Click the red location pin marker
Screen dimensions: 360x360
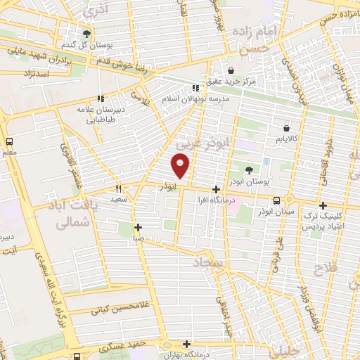coord(181,166)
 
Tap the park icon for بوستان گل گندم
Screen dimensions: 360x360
coord(86,33)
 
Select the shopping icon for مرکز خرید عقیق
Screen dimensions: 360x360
coord(232,70)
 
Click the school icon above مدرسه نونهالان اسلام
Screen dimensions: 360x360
coord(196,88)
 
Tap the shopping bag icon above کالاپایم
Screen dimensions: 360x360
coord(287,127)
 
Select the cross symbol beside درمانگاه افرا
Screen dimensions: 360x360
coord(216,189)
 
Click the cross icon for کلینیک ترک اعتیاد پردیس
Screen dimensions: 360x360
coord(323,206)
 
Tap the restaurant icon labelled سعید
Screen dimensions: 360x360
coord(118,188)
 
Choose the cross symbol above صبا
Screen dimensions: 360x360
coord(138,227)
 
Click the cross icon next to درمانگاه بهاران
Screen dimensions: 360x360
coord(186,344)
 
